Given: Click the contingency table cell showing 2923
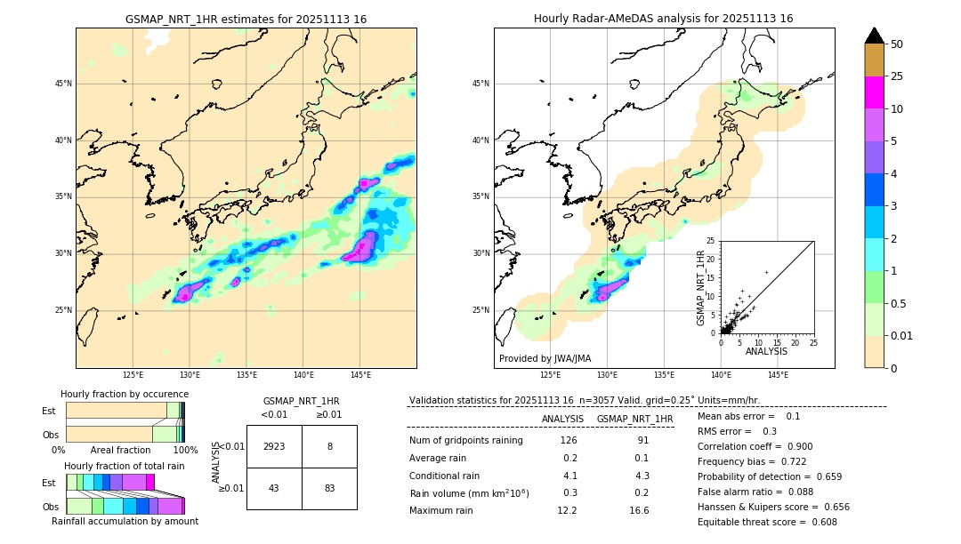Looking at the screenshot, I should pos(274,446).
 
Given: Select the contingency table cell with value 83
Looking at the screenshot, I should pos(329,488).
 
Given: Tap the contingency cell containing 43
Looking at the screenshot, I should pos(274,488).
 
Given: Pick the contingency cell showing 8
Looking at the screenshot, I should pos(329,446).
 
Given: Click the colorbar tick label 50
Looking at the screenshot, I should pos(897,44).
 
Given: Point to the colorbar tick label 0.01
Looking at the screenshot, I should pos(902,336).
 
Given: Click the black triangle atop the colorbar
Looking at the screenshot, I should pos(875,36).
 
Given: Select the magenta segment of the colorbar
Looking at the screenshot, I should pos(875,92).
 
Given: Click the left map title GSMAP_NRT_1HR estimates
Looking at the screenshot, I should pos(246,19).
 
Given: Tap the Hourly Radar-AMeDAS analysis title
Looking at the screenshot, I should pos(664,19).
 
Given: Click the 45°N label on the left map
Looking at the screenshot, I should pos(63,84).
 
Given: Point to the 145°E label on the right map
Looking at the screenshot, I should pos(778,375).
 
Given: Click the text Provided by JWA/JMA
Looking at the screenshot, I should pos(545,358).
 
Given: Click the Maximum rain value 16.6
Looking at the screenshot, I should pos(639,510).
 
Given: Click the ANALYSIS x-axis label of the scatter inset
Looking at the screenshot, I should pos(767,352).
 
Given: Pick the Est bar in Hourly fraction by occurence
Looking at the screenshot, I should pos(125,410).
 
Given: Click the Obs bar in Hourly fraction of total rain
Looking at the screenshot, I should pos(125,506).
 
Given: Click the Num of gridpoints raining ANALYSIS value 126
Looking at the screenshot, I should pos(569,440).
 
